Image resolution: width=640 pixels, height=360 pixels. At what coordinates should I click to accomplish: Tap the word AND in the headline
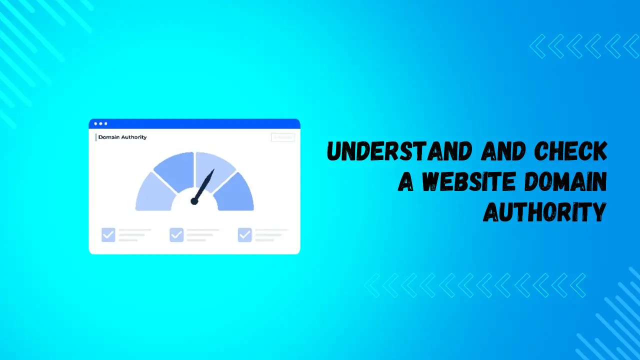pyautogui.click(x=501, y=151)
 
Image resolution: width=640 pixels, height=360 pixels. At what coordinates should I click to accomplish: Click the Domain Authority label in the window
pyautogui.click(x=122, y=137)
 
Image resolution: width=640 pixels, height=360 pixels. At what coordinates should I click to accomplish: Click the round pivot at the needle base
pyautogui.click(x=194, y=201)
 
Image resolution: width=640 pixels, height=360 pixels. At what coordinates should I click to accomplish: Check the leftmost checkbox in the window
pyautogui.click(x=108, y=234)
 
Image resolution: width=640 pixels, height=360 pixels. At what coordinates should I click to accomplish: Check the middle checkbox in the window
pyautogui.click(x=176, y=234)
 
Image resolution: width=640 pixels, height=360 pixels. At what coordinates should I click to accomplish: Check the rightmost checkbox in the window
pyautogui.click(x=244, y=234)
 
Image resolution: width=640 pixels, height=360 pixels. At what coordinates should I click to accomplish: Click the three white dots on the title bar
pyautogui.click(x=100, y=123)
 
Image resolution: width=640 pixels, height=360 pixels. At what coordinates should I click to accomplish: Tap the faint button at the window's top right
pyautogui.click(x=282, y=137)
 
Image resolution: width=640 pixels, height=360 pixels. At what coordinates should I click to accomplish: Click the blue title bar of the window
pyautogui.click(x=200, y=123)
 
